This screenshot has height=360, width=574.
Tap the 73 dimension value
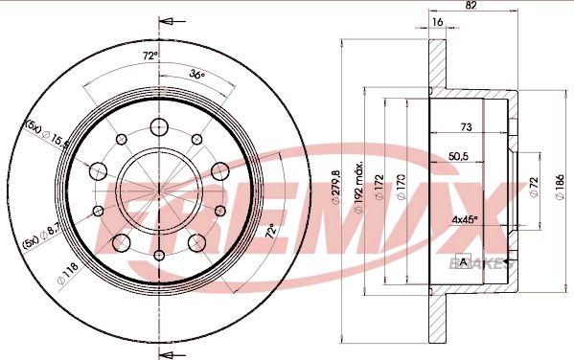tap(467, 126)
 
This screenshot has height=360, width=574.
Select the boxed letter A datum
tap(465, 261)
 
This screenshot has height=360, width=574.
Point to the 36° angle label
tap(196, 74)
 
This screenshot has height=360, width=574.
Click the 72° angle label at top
tap(149, 56)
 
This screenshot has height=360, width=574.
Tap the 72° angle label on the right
tap(270, 231)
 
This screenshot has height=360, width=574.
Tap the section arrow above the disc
tap(167, 21)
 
